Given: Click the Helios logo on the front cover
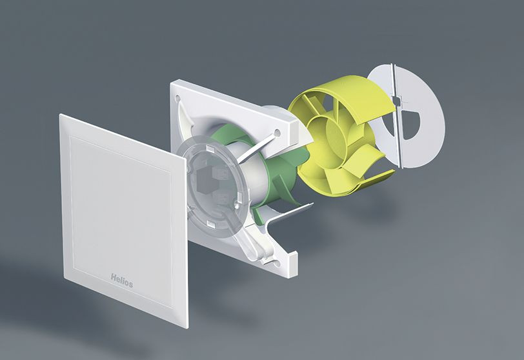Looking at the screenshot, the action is point(121,281).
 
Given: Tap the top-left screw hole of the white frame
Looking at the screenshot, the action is point(178,99).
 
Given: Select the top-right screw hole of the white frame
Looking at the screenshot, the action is point(277,134).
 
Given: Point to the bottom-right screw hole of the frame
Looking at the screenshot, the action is point(276,263).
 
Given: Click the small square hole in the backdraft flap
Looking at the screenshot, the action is point(397,100).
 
